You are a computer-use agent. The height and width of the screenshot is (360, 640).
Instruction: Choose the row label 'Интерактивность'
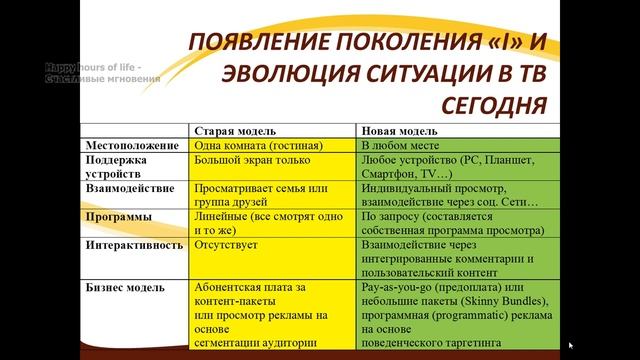(x=135, y=242)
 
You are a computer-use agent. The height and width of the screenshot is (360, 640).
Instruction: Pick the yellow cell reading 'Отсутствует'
(x=228, y=242)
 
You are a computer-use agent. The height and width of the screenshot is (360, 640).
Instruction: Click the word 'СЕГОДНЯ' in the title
(x=492, y=104)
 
